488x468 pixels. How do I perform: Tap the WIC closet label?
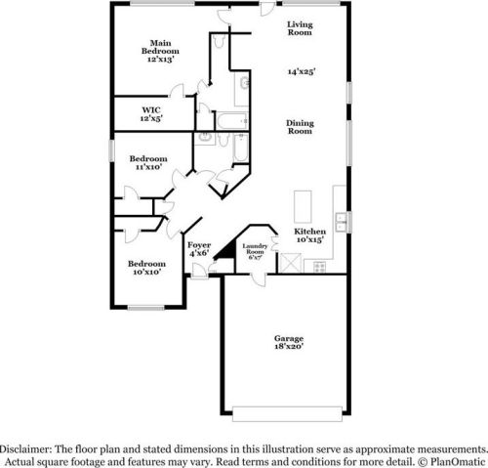pos(151,109)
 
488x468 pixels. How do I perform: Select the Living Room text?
pos(300,27)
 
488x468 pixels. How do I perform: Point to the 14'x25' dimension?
pos(301,71)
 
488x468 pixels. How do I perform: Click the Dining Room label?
pos(300,126)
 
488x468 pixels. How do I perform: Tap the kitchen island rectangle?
pos(302,205)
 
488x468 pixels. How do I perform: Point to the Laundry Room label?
pos(255,249)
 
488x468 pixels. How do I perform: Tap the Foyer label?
pos(199,244)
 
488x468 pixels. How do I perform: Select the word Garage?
pos(288,338)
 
